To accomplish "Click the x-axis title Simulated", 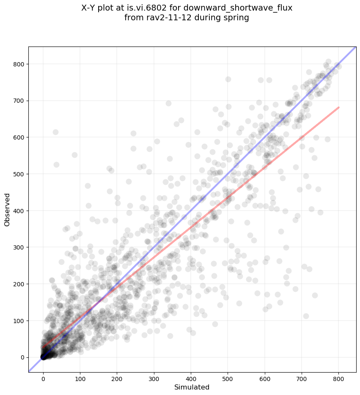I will tap(192, 387).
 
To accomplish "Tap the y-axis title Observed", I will tap(7, 209).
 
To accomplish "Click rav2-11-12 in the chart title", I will tap(178, 18).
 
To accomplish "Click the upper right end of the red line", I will tap(338, 107).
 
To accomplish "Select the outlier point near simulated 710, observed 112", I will tap(306, 316).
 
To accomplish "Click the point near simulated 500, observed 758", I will tap(228, 79).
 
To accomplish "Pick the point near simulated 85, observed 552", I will tap(74, 155).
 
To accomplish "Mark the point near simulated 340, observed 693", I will tap(168, 103).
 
